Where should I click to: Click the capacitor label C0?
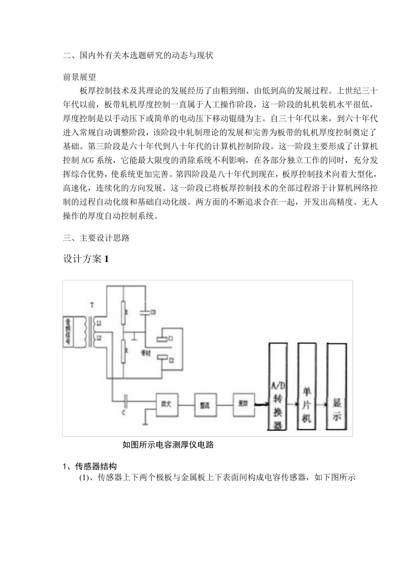(153, 312)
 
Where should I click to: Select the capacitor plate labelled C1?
(161, 338)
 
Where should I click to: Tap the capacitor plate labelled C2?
(162, 357)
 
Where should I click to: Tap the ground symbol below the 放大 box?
(145, 422)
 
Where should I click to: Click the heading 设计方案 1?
(86, 259)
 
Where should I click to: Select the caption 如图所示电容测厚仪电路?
(168, 445)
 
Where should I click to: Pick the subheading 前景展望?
(79, 77)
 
